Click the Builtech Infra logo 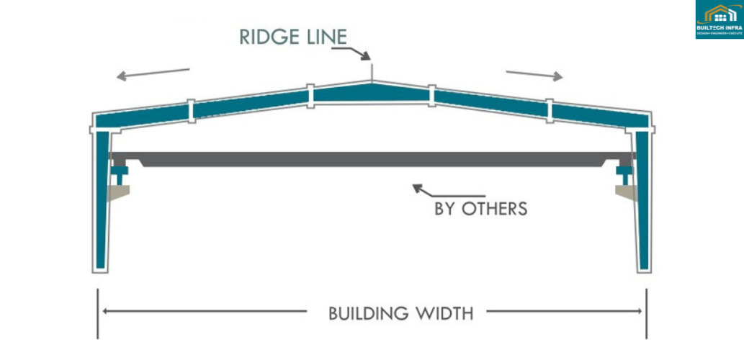tap(719, 20)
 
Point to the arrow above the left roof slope tap(153, 73)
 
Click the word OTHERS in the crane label tap(494, 210)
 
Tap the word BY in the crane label tap(445, 210)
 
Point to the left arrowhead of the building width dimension tap(106, 312)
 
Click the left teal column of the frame tap(101, 202)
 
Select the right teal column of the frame tap(643, 202)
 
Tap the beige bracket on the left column tap(120, 192)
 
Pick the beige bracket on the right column tap(625, 192)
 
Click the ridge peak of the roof tap(372, 82)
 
